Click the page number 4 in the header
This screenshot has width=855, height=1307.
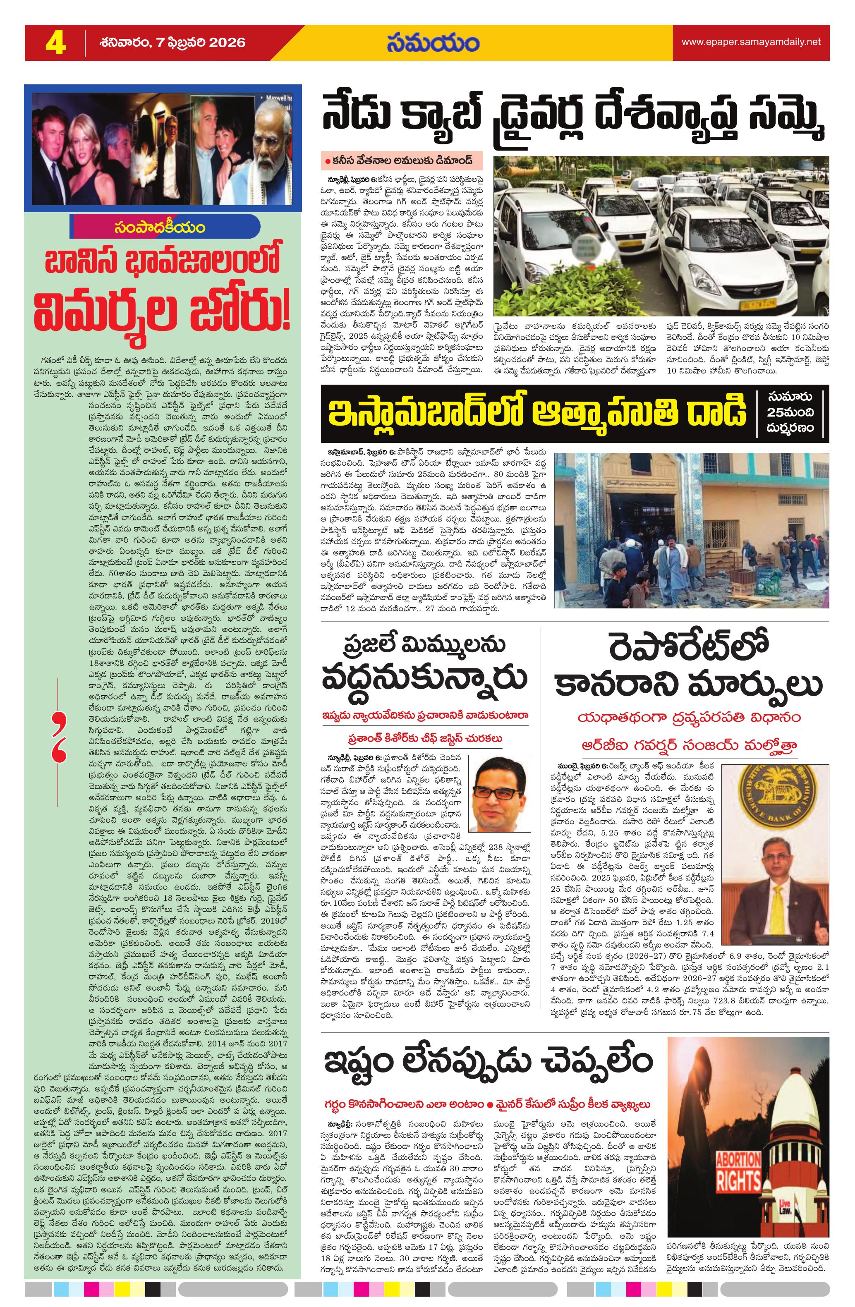click(55, 43)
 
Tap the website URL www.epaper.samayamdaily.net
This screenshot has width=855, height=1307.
click(751, 42)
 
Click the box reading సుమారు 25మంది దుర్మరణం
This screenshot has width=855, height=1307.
click(791, 412)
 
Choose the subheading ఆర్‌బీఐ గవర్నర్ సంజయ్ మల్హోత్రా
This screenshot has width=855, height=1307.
click(689, 744)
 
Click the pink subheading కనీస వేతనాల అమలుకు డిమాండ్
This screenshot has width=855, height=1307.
click(401, 162)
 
